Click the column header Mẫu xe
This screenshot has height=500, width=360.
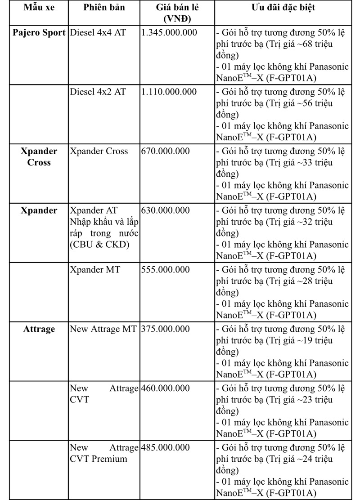34,8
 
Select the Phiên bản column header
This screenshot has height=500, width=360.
104,8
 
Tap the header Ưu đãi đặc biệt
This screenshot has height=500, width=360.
283,8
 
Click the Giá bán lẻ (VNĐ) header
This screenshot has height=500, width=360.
177,13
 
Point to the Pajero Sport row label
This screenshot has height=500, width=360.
39,33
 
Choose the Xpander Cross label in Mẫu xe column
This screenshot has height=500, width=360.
39,157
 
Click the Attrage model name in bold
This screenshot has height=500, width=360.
39,329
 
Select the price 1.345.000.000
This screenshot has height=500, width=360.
169,33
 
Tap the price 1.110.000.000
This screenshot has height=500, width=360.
169,92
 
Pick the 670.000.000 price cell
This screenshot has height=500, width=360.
165,152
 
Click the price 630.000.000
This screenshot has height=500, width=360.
165,211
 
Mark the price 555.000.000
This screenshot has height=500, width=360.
165,270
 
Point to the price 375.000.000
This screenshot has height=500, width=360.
165,329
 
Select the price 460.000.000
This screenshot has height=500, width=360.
165,388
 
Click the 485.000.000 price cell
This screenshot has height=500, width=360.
165,448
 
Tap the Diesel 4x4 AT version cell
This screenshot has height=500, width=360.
98,33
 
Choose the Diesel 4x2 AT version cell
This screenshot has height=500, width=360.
98,92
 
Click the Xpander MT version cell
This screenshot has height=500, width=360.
95,270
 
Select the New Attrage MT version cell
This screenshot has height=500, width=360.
103,329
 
